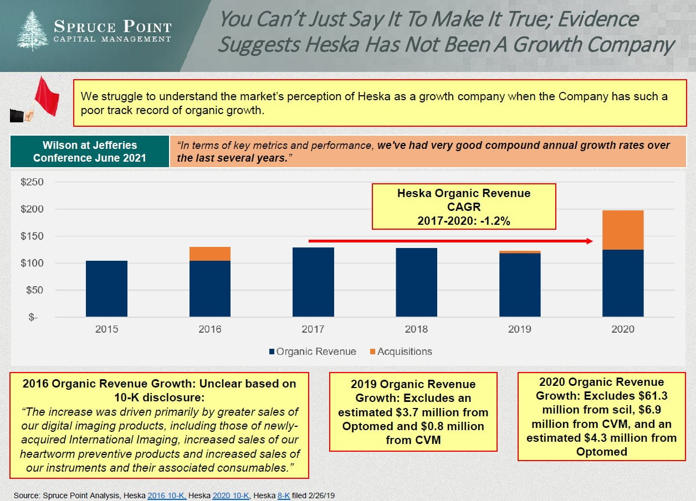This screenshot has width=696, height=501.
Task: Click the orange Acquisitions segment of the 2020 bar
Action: [623, 230]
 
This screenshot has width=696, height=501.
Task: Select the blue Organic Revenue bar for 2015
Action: [106, 288]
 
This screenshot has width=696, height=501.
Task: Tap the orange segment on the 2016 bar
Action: [209, 254]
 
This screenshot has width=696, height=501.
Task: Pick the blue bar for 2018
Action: [416, 282]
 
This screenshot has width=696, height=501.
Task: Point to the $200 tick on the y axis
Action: [33, 209]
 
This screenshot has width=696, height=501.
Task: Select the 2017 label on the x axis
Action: [313, 329]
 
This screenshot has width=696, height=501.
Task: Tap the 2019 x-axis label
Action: [519, 329]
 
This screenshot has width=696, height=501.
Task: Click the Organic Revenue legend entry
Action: [312, 352]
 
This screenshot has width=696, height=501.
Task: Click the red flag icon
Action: [45, 97]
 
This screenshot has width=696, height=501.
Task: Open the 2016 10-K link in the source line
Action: [167, 496]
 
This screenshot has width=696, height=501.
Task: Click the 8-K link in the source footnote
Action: [283, 496]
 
